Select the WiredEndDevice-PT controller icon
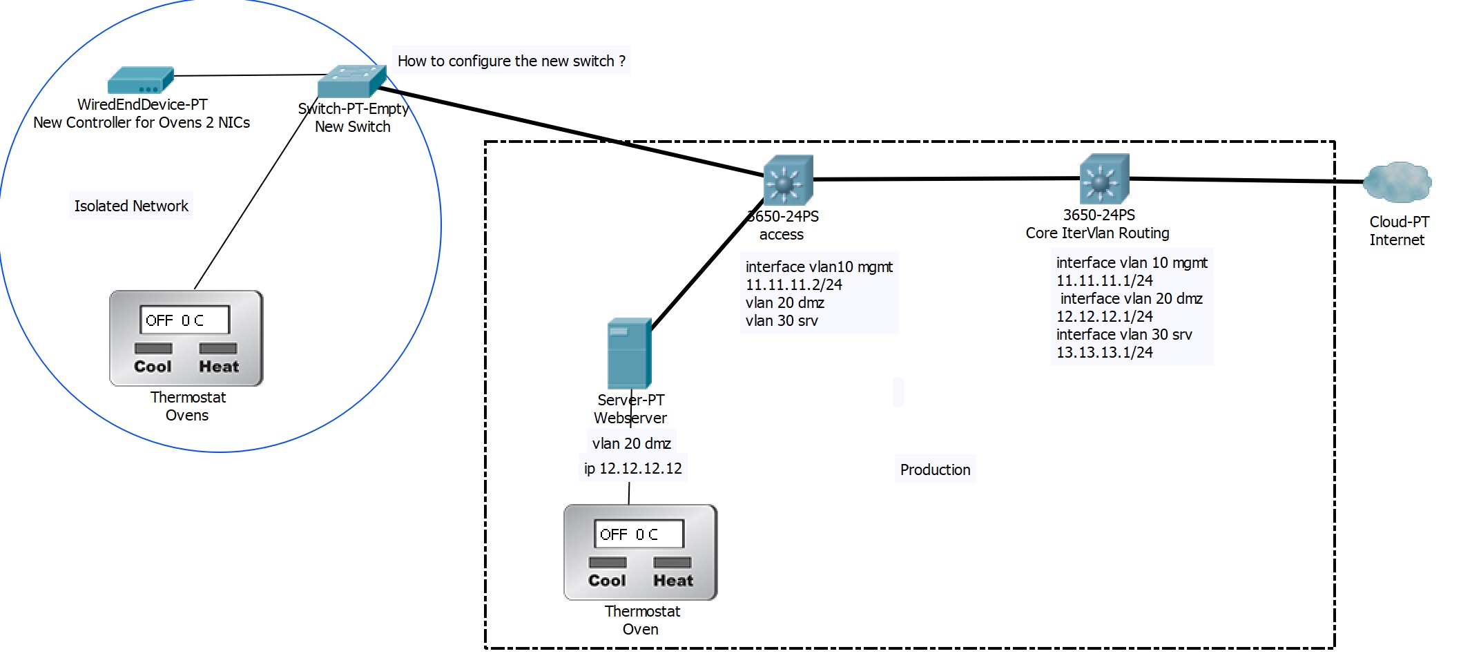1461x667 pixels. click(x=140, y=81)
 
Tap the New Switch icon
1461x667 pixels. click(x=351, y=81)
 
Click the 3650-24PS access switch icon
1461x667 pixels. click(x=788, y=180)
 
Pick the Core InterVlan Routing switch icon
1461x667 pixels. click(x=1103, y=179)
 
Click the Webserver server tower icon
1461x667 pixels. click(x=628, y=354)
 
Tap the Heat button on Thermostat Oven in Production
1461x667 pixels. click(x=673, y=563)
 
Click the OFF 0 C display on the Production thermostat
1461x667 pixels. click(x=639, y=534)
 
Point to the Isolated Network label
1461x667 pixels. click(x=131, y=206)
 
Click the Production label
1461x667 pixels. click(x=935, y=470)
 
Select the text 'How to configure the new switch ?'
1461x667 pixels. click(x=511, y=61)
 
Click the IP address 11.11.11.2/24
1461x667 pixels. click(x=793, y=284)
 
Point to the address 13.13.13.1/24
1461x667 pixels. click(x=1104, y=352)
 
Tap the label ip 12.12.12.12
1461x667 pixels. click(x=632, y=468)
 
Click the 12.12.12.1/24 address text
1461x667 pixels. click(x=1104, y=316)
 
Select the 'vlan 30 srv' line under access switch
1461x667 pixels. click(x=781, y=320)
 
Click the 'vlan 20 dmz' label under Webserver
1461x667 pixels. click(x=631, y=443)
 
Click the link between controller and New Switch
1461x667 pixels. click(x=249, y=75)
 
